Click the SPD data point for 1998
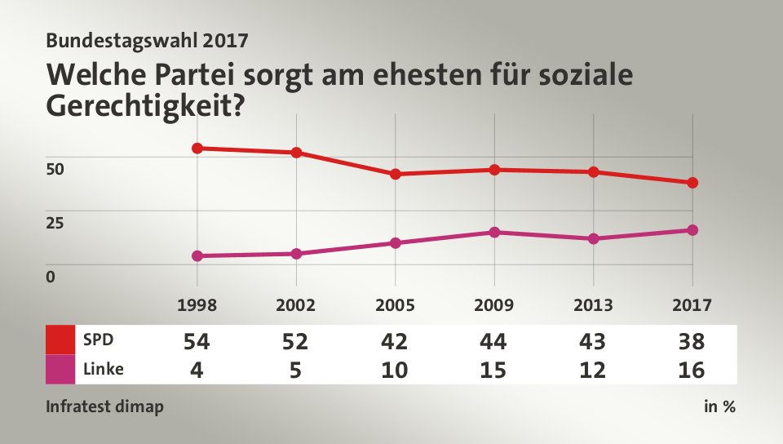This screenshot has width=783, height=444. point(197,148)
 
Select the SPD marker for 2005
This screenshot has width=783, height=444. point(395,174)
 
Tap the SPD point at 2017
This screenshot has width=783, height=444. point(692,183)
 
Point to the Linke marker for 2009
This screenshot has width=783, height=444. point(494,232)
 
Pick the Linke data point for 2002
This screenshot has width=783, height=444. point(296,254)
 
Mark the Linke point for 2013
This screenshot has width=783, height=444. point(594,238)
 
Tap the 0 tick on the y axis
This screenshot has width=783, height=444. point(51,276)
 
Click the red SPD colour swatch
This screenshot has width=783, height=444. point(60,339)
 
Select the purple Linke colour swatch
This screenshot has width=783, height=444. point(60,369)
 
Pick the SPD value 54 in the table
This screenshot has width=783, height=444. point(197,340)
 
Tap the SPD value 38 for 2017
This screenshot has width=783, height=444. point(692,340)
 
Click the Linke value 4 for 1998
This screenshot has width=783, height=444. point(197,370)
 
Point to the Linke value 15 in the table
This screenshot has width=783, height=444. point(494,370)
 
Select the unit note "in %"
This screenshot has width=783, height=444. point(719,406)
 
